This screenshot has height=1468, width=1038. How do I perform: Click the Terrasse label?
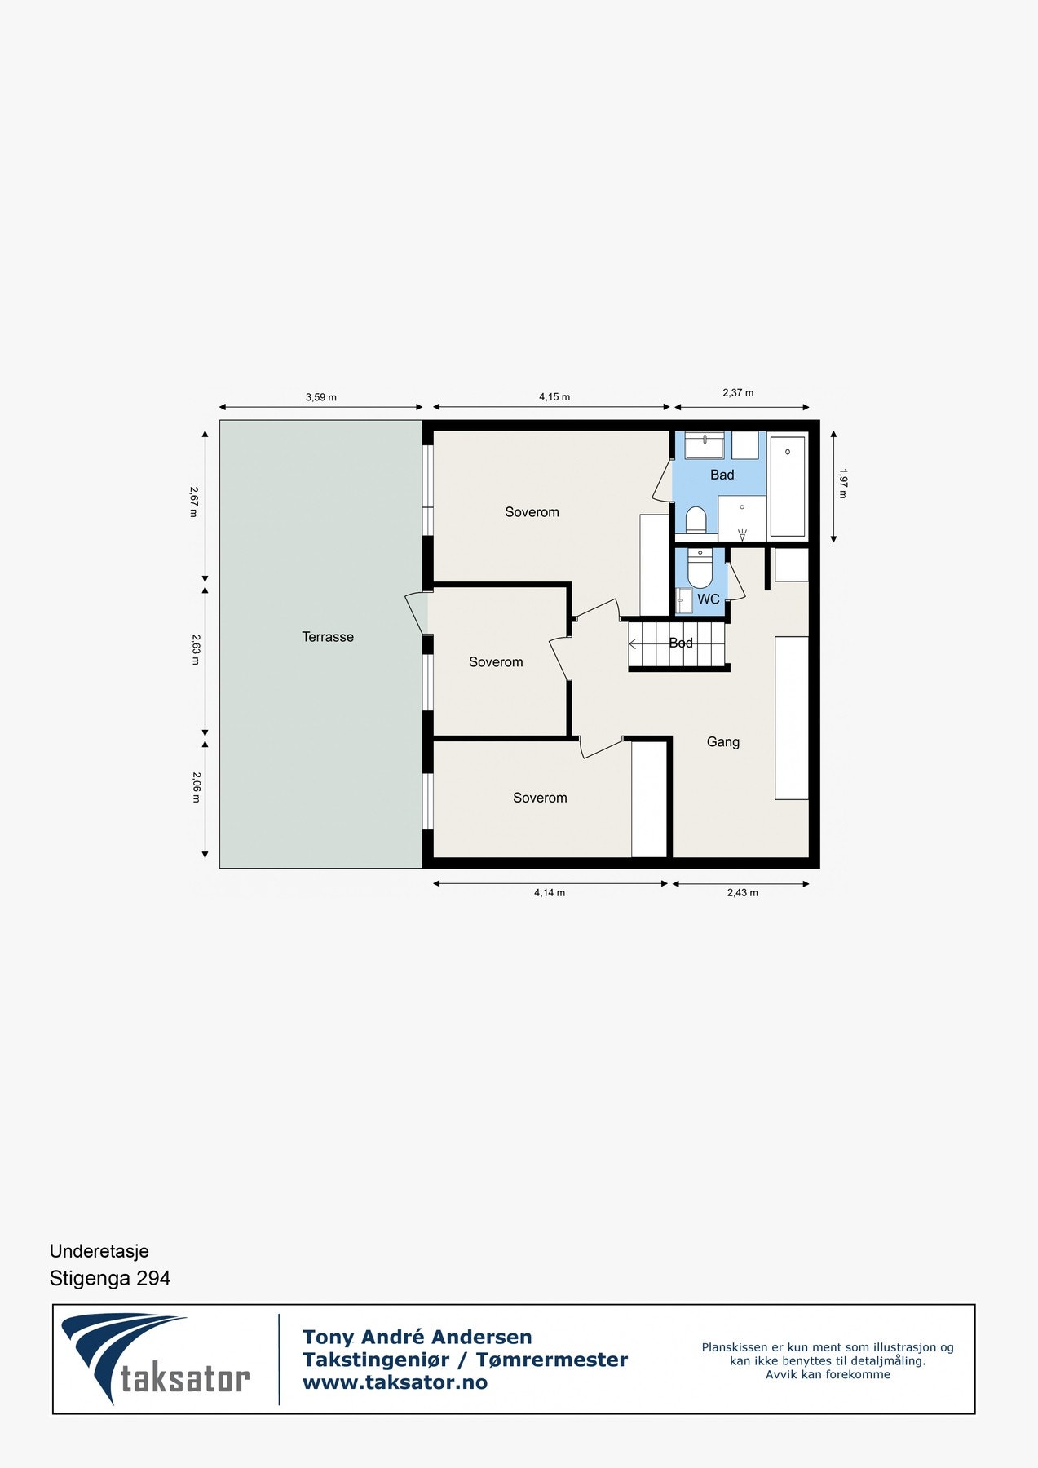click(x=328, y=637)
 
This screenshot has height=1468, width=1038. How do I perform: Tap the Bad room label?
click(x=722, y=475)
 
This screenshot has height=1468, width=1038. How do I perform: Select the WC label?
click(x=708, y=599)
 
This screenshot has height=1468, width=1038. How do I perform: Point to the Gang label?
click(x=722, y=741)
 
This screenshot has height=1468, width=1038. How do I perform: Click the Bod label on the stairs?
click(x=681, y=643)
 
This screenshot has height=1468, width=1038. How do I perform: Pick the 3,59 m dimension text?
click(x=320, y=397)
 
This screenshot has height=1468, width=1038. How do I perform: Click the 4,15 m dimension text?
click(x=554, y=396)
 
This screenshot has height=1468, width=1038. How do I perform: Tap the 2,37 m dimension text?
click(x=738, y=392)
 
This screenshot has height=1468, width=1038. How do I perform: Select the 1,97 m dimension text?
click(x=842, y=483)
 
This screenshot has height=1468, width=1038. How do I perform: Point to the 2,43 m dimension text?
click(x=742, y=892)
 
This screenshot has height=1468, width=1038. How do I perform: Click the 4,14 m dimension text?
click(x=549, y=892)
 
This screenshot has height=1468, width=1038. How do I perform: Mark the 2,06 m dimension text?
click(x=195, y=787)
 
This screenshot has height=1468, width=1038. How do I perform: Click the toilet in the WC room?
click(x=700, y=568)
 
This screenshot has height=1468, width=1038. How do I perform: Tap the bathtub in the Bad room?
click(x=787, y=487)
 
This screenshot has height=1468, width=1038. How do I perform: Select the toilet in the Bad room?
click(x=696, y=520)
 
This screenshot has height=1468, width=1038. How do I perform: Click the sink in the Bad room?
click(x=704, y=445)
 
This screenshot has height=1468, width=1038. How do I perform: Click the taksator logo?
click(x=155, y=1358)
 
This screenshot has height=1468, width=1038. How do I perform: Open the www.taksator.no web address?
click(x=395, y=1382)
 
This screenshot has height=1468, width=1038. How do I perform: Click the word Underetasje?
click(x=99, y=1251)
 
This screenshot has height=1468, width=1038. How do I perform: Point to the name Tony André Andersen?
click(x=417, y=1337)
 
